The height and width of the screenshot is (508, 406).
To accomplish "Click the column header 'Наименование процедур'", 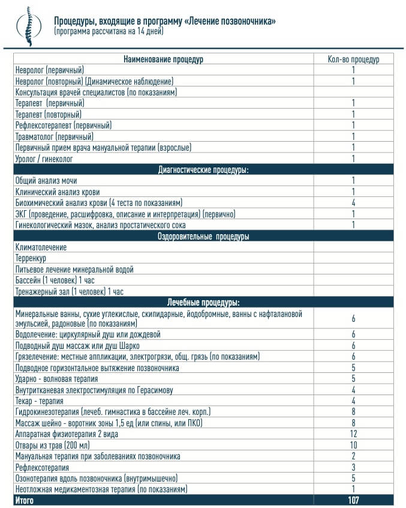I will (x=163, y=59).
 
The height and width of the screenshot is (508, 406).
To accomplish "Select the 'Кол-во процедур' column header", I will (x=353, y=59).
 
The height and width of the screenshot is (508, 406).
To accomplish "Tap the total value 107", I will (x=353, y=500).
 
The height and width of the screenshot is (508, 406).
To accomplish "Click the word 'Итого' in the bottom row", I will (x=25, y=500).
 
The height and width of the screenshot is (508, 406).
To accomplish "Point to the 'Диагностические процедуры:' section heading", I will (x=203, y=169).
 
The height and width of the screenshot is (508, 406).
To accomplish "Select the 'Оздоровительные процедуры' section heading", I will (x=203, y=236).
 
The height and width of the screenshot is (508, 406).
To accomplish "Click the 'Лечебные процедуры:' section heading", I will (x=203, y=303).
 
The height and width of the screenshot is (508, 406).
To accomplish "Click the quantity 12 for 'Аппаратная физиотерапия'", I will (x=353, y=434).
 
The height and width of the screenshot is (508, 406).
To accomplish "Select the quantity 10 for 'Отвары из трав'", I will (x=353, y=445).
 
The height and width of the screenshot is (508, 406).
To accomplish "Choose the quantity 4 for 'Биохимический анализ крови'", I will (x=354, y=203).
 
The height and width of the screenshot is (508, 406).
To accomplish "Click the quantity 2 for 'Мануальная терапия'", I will (x=354, y=456).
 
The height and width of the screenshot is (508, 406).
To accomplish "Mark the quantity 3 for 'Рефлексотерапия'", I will (x=354, y=467).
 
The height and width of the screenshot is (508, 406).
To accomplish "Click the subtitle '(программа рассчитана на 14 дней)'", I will (x=108, y=31).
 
